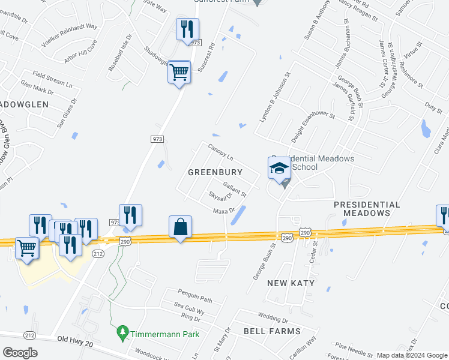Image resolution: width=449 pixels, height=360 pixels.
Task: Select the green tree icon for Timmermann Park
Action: point(123,331)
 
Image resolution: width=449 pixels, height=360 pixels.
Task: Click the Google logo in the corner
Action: point(20,353)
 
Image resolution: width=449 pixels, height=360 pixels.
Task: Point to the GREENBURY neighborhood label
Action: point(215,172)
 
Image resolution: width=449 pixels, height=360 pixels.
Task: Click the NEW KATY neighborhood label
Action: point(291,283)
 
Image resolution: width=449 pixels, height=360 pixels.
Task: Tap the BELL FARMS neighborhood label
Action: point(271,331)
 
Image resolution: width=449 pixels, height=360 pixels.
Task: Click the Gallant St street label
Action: point(235,190)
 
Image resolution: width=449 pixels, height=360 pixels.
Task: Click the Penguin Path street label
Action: point(195,293)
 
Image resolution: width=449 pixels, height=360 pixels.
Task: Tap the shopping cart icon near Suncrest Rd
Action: point(179,73)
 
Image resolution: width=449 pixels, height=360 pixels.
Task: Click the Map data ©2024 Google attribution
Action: point(411,355)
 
